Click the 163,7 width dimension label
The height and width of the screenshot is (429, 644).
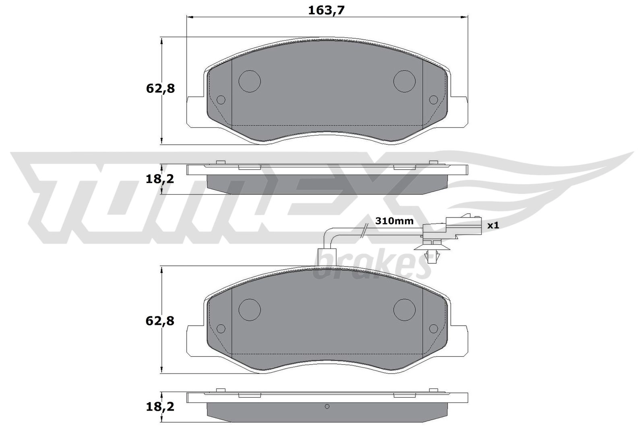326,10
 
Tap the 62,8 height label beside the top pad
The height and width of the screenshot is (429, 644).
161,89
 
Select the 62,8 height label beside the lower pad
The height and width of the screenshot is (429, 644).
160,321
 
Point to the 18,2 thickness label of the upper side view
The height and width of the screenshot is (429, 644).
160,179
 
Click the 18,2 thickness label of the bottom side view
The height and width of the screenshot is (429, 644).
160,407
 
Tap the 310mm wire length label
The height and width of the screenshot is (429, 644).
394,221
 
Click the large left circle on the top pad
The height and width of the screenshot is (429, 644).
250,81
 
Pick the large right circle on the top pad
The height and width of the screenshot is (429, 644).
404,81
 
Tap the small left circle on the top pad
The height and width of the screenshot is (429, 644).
221,100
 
